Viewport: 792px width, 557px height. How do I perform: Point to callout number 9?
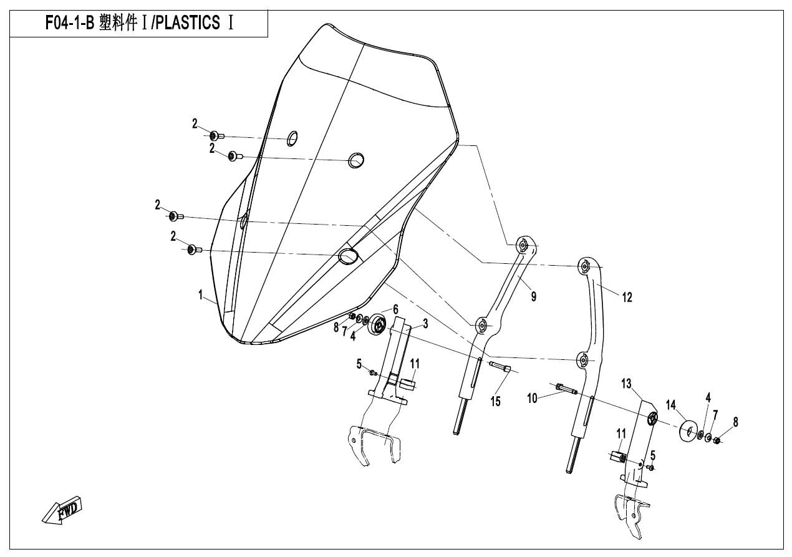coord(534,298)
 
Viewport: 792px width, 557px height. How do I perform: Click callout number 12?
coord(627,298)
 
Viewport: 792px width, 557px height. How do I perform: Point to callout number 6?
coord(395,309)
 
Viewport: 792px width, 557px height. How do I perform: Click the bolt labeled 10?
coord(564,389)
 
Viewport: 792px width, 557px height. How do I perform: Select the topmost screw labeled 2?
coord(215,135)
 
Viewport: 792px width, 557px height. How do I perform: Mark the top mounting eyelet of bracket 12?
coord(585,266)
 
